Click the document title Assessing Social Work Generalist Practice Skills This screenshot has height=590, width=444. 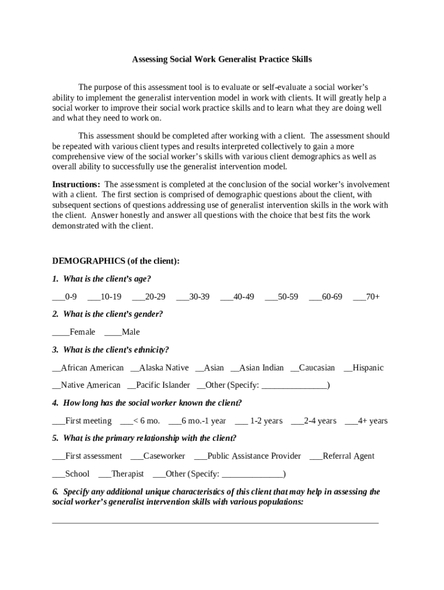222,59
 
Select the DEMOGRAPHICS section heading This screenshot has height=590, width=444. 116,261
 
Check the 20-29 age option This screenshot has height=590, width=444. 149,297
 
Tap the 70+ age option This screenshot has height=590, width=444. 366,297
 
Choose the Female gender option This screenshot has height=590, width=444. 74,332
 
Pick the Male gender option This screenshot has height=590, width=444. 122,332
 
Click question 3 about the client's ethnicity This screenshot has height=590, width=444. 110,350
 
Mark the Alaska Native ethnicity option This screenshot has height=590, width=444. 160,368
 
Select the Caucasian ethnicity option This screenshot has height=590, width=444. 313,368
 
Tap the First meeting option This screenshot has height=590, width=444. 82,421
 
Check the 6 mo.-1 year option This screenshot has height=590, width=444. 197,421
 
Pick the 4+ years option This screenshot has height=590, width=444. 366,421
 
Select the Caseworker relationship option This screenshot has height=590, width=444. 158,456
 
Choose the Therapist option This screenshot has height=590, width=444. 121,474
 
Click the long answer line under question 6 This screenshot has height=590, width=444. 215,523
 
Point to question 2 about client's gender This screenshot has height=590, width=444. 107,314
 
